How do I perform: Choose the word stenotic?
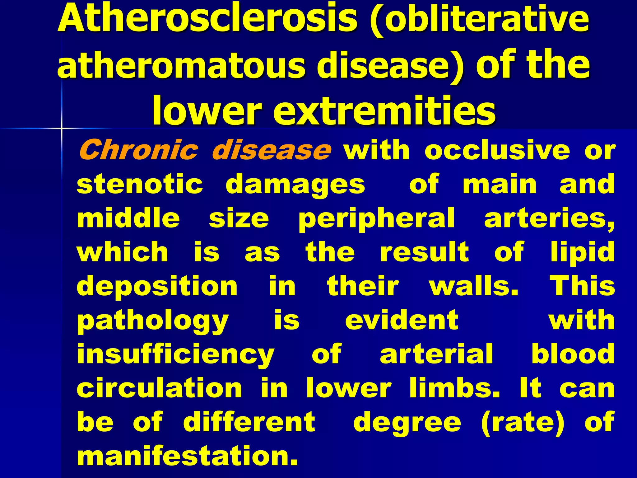pos(140,184)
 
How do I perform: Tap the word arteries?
pos(549,218)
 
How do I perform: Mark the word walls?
pos(474,286)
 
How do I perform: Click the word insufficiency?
pos(175,355)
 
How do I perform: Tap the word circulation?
pos(159,388)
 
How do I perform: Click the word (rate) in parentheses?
pos(522,422)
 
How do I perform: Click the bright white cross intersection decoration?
pos(62,128)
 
